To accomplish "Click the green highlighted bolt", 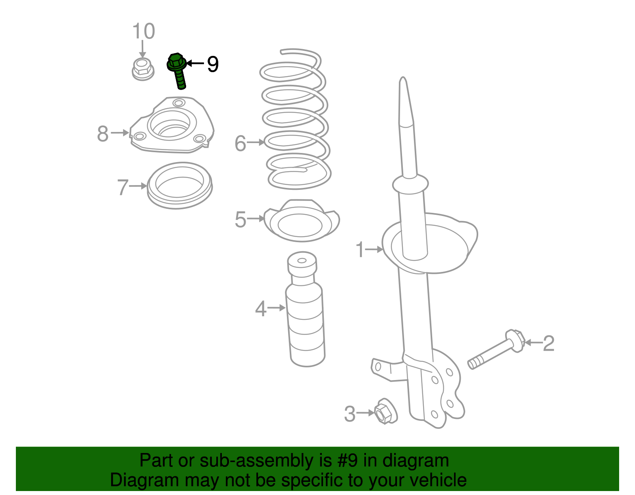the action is pos(177,70).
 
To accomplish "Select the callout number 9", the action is pos(213,64).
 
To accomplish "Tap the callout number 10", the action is pos(144,31).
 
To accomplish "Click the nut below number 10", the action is pos(143,69).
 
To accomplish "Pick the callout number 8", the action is pos(103,134).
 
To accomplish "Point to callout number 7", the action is pos(123,187).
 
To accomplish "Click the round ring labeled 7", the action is pos(180,185).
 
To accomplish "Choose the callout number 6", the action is pos(241,143).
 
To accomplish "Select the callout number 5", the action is pos(241,220).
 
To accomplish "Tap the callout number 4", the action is pos(261,309).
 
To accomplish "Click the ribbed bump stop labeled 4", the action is pos(305,309).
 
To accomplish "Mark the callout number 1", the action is pos(360,249).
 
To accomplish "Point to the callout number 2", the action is pos(548,343).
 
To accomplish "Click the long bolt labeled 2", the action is pos(496,350).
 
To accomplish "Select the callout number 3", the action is pos(350,414).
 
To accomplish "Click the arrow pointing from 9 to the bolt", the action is pos(195,63).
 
